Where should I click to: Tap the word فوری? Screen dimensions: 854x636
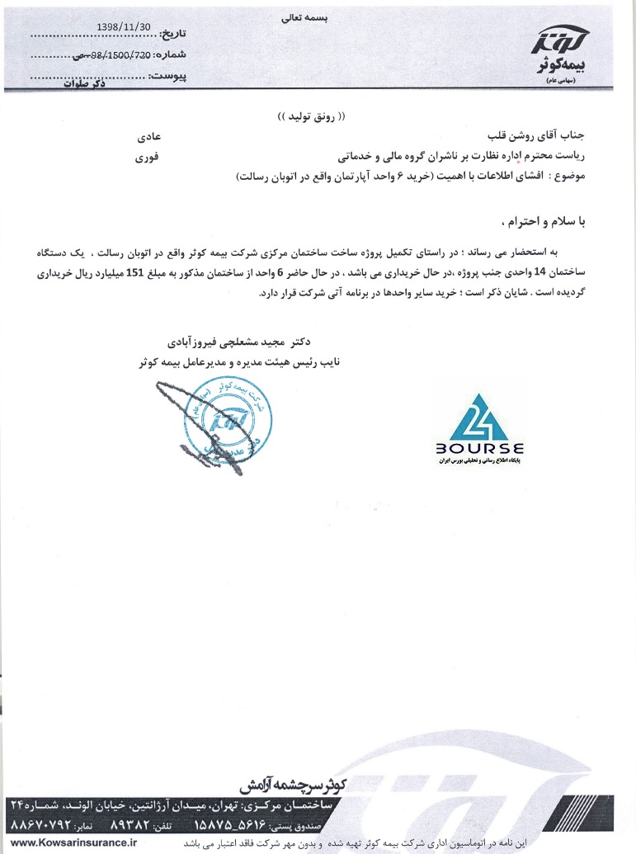pyautogui.click(x=159, y=155)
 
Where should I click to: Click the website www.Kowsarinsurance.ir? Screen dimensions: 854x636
pyautogui.click(x=75, y=842)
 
